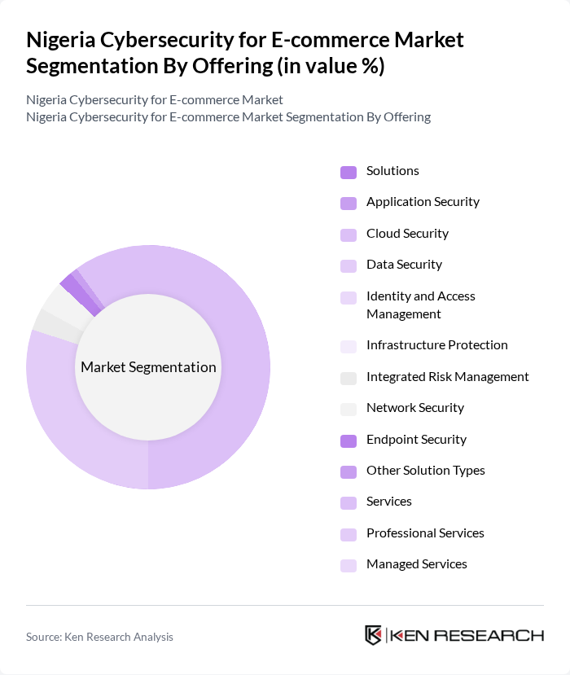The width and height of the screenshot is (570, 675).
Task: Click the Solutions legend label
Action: tap(392, 171)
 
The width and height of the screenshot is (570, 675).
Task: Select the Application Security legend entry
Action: tap(423, 202)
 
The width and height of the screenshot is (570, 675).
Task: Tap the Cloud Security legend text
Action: tap(407, 234)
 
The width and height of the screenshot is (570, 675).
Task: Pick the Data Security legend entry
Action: tap(404, 265)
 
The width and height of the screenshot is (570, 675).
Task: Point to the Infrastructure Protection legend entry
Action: tap(436, 345)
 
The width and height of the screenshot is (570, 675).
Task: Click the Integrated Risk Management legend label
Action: tap(447, 377)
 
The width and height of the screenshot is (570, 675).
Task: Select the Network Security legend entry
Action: tap(414, 408)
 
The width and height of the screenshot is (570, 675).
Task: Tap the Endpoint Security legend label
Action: tap(416, 440)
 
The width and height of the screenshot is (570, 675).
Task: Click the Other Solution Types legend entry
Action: tap(425, 471)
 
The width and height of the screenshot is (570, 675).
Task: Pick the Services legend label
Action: tap(388, 502)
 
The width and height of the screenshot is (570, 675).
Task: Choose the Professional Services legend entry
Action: tap(425, 533)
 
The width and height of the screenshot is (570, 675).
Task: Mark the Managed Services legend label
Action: tap(416, 564)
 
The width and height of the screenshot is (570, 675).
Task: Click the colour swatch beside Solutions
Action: tap(349, 172)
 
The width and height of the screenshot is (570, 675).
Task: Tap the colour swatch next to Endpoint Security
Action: tap(349, 441)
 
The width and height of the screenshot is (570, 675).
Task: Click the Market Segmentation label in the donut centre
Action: tap(148, 367)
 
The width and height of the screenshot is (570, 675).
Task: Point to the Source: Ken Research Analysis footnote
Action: tap(99, 637)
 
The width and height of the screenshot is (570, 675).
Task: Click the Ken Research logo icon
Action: tap(374, 636)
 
